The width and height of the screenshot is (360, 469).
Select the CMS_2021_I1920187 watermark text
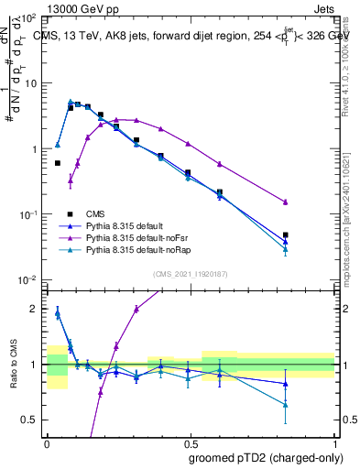coord(191,274)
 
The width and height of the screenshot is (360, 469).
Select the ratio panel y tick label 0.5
coord(30,420)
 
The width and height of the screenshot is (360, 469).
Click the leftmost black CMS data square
coord(58,163)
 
